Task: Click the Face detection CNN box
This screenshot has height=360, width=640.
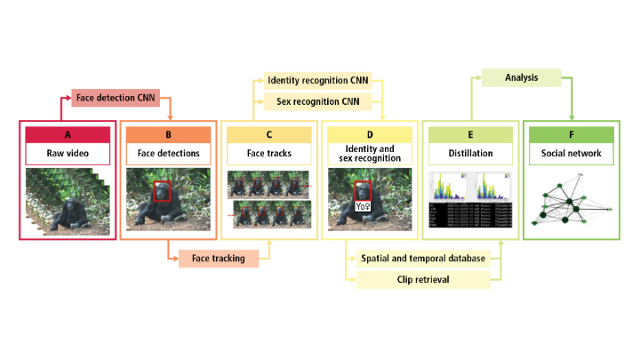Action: pyautogui.click(x=116, y=96)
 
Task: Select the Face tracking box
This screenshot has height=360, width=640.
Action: pyautogui.click(x=218, y=258)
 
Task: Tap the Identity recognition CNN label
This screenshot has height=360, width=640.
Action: pyautogui.click(x=317, y=81)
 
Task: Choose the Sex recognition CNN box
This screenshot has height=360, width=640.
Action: pyautogui.click(x=317, y=101)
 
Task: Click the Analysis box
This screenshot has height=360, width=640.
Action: pyautogui.click(x=522, y=78)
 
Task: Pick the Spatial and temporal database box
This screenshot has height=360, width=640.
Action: pyautogui.click(x=423, y=259)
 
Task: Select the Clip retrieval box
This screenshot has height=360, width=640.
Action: pyautogui.click(x=423, y=280)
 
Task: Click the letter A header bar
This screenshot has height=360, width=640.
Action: pyautogui.click(x=68, y=135)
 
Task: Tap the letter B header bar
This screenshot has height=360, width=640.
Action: pyautogui.click(x=168, y=135)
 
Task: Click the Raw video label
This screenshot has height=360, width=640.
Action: pyautogui.click(x=68, y=153)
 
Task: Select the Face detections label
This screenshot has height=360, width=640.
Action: pyautogui.click(x=168, y=153)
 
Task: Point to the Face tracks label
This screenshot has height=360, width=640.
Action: pyautogui.click(x=268, y=153)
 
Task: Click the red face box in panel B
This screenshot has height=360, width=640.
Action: pyautogui.click(x=163, y=192)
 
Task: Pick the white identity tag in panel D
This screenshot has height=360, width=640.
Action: pyautogui.click(x=363, y=205)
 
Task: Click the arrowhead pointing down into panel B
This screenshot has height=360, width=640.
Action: pyautogui.click(x=168, y=116)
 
